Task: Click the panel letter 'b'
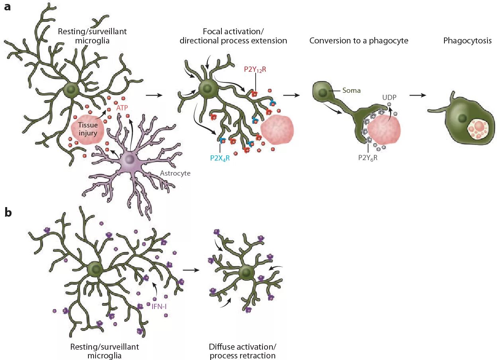point(8,213)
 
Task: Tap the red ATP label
point(122,108)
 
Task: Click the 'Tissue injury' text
point(88,129)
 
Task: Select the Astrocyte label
point(175,173)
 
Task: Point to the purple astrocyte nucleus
point(130,160)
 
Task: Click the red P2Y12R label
point(255,69)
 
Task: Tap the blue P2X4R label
point(220,157)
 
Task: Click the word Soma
point(351,90)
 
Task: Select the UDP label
point(389,97)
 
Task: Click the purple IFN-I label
point(158,307)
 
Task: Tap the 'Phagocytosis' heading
point(468,41)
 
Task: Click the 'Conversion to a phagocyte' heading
point(359,41)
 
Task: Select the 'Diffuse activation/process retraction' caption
point(242,351)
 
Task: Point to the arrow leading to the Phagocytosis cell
point(418,96)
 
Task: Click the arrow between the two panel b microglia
point(191,270)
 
